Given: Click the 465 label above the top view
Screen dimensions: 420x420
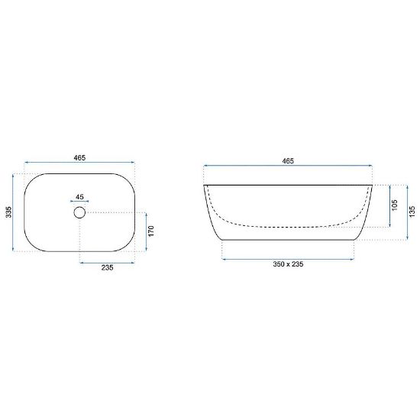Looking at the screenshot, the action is coord(79,158).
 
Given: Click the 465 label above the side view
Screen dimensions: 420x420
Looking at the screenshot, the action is coord(288,161).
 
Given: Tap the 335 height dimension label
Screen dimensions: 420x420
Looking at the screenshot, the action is coord(9,212).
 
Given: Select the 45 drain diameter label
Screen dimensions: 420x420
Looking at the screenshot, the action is coord(79,197).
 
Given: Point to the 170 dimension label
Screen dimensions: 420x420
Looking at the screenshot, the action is coord(151,231).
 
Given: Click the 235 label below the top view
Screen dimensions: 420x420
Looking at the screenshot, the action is coord(107,267).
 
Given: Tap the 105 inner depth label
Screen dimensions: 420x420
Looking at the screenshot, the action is coord(395,205).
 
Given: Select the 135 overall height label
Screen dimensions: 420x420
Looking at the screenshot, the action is coord(412,212).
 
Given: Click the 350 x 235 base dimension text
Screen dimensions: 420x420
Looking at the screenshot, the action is coord(288,264).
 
